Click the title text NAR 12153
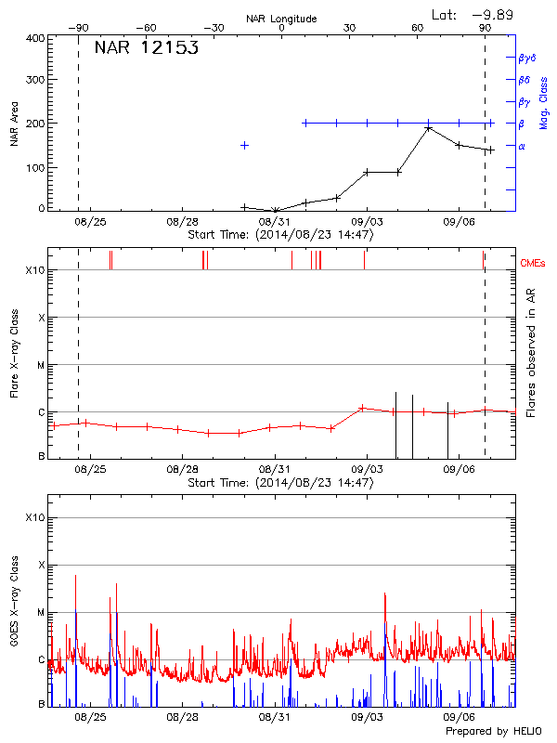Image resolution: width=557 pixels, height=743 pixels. click(146, 48)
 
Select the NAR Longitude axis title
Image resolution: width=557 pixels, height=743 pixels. click(281, 19)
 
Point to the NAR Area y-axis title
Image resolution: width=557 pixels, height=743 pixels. click(15, 124)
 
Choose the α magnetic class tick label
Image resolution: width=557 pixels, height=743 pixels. click(522, 146)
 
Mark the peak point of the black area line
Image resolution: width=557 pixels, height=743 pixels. click(428, 128)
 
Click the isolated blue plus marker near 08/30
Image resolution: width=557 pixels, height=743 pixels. click(244, 145)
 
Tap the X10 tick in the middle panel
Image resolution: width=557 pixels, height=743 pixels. click(35, 270)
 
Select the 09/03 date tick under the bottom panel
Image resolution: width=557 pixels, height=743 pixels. click(367, 717)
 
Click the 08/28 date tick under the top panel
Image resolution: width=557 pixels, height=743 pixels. click(183, 222)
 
